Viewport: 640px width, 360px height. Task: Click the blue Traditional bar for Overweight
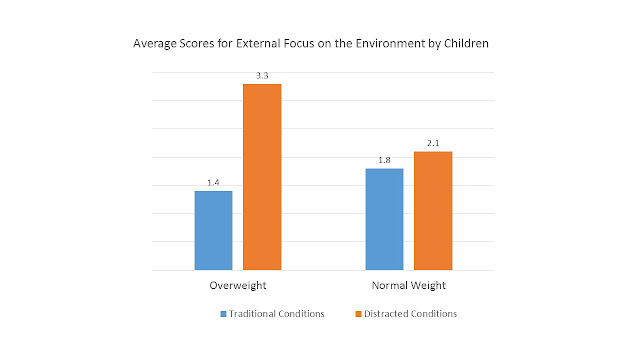[213, 230]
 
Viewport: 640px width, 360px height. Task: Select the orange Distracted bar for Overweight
[262, 177]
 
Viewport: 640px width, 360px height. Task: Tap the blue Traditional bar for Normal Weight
[384, 219]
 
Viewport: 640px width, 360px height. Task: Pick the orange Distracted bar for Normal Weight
[433, 211]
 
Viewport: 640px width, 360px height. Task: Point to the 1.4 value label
[213, 182]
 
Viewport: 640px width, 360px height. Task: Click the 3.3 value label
[262, 76]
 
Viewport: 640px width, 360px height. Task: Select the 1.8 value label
[384, 160]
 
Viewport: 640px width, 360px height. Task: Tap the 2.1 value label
[433, 143]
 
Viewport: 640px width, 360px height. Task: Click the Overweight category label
[238, 285]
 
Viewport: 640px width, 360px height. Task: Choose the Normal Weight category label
[409, 285]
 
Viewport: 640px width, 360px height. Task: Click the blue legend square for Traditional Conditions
[223, 314]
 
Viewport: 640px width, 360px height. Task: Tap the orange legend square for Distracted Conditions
[358, 314]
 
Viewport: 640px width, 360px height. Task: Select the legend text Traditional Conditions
[276, 313]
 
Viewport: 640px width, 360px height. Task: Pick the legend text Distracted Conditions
[410, 313]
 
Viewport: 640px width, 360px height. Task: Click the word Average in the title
[151, 43]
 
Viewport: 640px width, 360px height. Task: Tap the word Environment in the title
[390, 43]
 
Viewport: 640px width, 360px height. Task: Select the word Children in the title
[466, 43]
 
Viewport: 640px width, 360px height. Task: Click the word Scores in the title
[193, 43]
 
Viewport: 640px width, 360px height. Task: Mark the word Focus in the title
[299, 43]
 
